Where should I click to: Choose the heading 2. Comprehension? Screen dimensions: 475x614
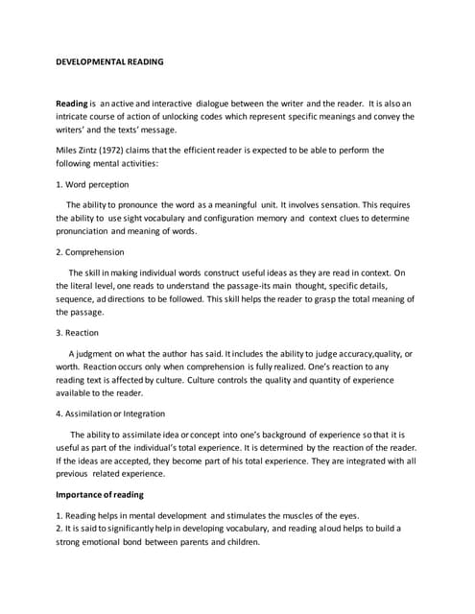click(x=90, y=252)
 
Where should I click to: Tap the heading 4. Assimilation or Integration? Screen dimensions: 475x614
click(x=110, y=413)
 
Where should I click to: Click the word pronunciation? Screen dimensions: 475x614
click(x=87, y=231)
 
